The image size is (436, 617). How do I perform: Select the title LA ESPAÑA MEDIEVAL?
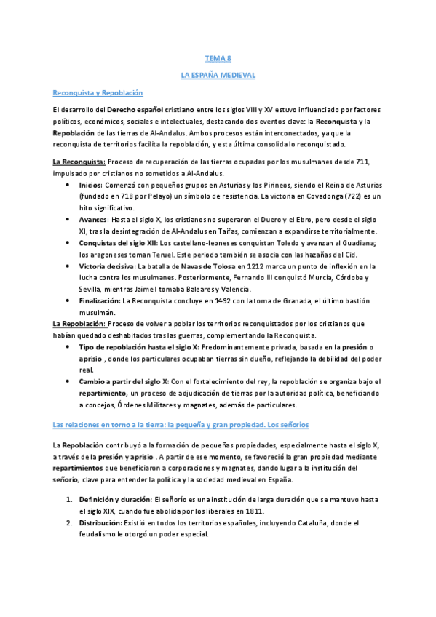click(218, 75)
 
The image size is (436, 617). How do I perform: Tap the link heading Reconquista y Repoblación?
click(98, 92)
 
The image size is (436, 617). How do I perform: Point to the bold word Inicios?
click(90, 185)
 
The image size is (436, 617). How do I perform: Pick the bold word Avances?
click(93, 218)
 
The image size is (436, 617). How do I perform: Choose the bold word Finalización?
click(100, 300)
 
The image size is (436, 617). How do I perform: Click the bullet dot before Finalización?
click(68, 300)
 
